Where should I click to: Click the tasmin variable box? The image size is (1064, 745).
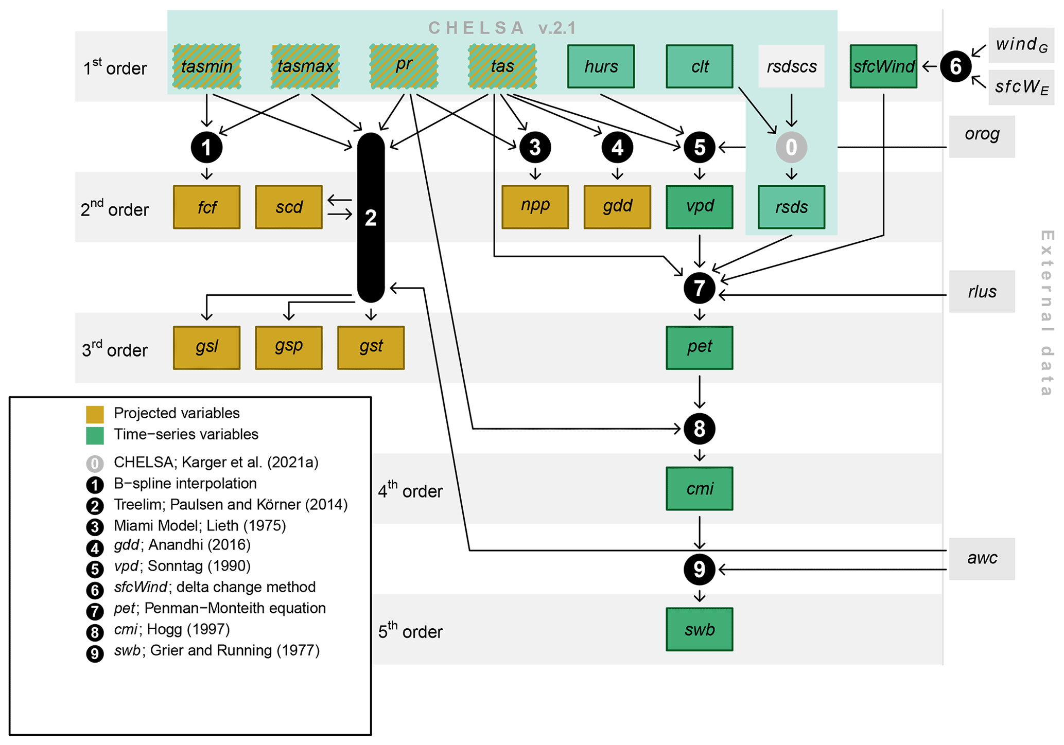[x=206, y=66]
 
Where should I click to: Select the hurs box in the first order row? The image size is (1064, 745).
[x=601, y=66]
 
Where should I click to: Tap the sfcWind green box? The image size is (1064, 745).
[x=883, y=66]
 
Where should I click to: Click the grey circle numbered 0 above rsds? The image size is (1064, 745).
[x=791, y=148]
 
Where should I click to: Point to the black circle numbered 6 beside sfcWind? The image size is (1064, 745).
[x=955, y=66]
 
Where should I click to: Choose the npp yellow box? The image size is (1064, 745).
[x=535, y=207]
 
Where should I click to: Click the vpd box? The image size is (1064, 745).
[x=699, y=207]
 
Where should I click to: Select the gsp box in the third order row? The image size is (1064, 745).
[x=289, y=347]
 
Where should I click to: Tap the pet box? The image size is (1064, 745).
[x=699, y=347]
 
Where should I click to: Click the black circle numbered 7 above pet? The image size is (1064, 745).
[x=699, y=288]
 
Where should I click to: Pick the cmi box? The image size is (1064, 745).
[x=699, y=488]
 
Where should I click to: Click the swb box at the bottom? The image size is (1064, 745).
[x=699, y=629]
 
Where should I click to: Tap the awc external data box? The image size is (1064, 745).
[x=982, y=559]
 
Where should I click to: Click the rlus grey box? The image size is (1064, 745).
[x=982, y=292]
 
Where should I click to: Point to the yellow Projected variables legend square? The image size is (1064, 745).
[x=95, y=414]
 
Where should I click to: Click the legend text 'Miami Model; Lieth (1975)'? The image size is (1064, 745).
[x=200, y=525]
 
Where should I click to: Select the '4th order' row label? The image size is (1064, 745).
[x=410, y=490]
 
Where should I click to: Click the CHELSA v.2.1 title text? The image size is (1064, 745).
[x=502, y=28]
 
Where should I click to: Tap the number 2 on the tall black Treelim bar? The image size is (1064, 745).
[x=371, y=218]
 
